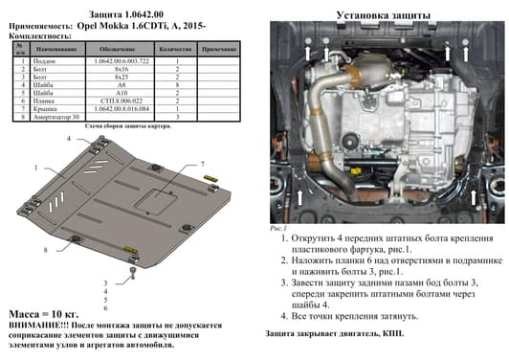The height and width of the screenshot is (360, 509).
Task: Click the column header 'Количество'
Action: click(x=180, y=47)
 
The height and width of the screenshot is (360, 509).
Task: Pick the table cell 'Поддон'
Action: click(x=46, y=60)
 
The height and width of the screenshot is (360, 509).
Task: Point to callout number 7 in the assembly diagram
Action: click(x=203, y=167)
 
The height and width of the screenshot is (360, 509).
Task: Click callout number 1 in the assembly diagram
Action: click(x=38, y=169)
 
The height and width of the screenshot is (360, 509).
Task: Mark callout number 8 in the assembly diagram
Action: click(x=44, y=251)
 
